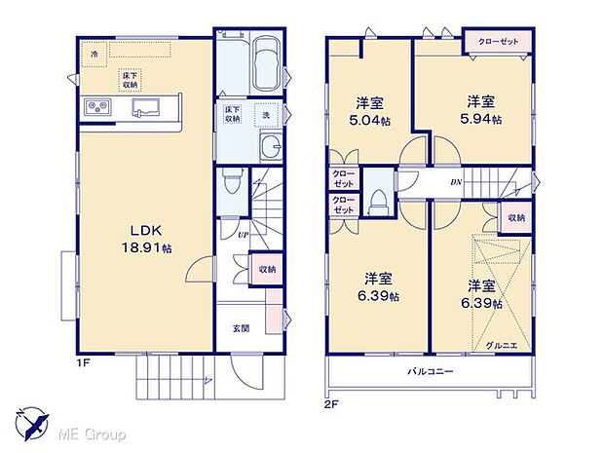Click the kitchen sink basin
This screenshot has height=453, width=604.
(148, 107)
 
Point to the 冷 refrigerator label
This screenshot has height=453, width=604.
(94, 56)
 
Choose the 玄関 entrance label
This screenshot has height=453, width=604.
(241, 328)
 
